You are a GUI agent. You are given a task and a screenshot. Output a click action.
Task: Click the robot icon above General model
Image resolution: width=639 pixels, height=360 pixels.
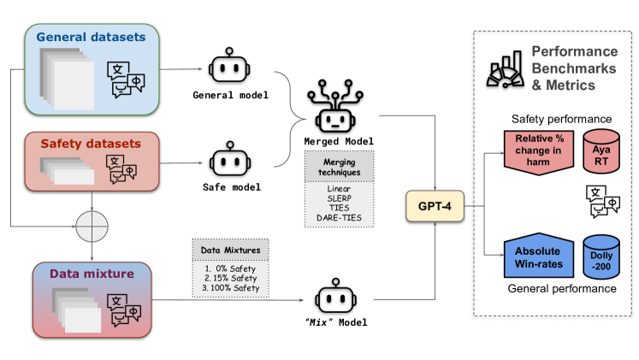[228, 68]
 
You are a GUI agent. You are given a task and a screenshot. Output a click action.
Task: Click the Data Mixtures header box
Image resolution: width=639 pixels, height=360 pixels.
[230, 251]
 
